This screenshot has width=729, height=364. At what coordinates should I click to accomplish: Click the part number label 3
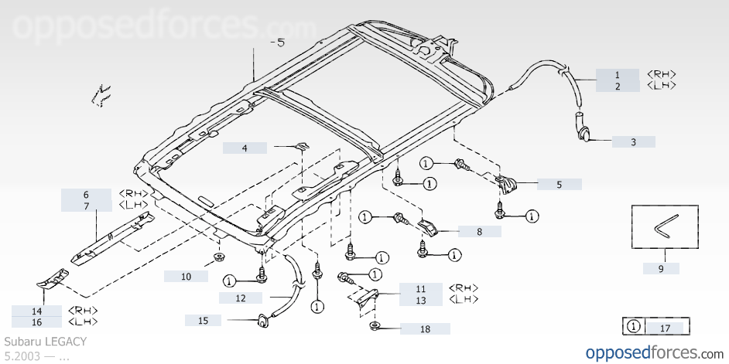[633, 142]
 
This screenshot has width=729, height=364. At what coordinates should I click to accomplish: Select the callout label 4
[245, 147]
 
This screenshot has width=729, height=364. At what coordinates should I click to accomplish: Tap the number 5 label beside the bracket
[559, 185]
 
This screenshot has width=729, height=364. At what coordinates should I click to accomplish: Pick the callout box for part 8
[479, 230]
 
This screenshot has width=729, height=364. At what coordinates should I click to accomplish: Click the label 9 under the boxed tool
[661, 269]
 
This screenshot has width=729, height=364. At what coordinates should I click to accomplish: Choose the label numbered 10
[186, 276]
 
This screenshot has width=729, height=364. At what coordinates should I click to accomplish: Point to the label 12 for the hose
[241, 298]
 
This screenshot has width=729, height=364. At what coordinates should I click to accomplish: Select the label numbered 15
[203, 320]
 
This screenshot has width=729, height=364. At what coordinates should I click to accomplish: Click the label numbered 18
[425, 329]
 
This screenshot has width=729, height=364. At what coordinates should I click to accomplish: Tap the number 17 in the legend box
[665, 328]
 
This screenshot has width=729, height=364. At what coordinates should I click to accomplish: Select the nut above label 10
[220, 257]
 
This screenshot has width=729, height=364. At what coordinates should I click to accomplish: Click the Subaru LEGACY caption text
[46, 341]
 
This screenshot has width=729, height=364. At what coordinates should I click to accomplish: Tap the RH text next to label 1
[662, 74]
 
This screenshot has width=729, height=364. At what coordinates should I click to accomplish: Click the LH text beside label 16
[84, 322]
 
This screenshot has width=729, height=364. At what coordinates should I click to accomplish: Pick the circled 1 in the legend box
[633, 328]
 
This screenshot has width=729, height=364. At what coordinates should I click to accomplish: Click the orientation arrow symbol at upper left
[100, 94]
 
